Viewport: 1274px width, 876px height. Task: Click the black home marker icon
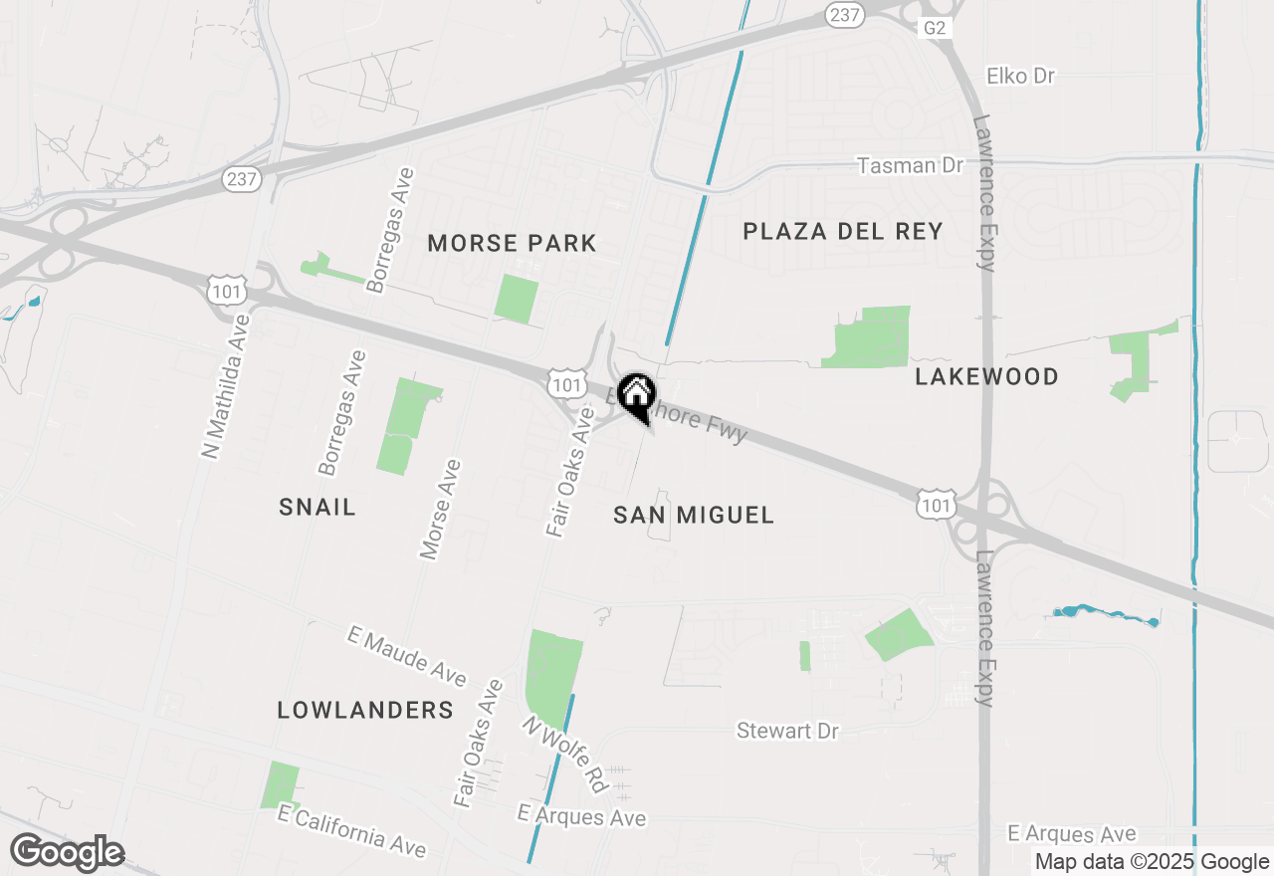point(636,395)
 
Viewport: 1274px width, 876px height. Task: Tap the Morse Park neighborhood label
point(512,243)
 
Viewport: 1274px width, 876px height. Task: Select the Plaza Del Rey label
point(843,232)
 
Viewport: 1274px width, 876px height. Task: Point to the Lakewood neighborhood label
point(986,376)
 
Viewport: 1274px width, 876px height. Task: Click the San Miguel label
point(693,515)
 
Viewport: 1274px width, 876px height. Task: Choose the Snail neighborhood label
point(318,507)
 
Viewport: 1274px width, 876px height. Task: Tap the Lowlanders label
point(365,710)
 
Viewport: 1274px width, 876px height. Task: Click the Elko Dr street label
point(1020,76)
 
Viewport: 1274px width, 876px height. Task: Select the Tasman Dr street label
point(910,165)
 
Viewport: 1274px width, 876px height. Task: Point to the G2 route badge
point(934,28)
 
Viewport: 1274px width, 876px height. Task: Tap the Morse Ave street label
point(440,510)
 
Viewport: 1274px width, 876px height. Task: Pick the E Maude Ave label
point(407,656)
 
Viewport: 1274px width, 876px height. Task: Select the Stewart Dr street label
point(787,731)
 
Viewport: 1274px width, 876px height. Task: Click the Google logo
point(67,852)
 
